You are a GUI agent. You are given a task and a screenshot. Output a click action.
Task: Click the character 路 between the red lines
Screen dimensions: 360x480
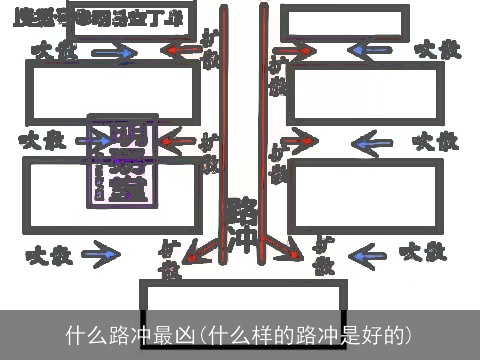coord(241,211)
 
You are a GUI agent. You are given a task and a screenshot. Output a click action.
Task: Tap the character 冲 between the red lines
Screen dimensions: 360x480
coord(241,240)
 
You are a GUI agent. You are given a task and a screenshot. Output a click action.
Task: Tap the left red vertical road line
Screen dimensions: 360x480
coord(221,130)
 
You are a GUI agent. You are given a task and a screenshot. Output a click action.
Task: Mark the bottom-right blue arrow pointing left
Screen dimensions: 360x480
coord(368,254)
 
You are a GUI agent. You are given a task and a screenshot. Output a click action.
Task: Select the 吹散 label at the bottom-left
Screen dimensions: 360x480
coord(48,255)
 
